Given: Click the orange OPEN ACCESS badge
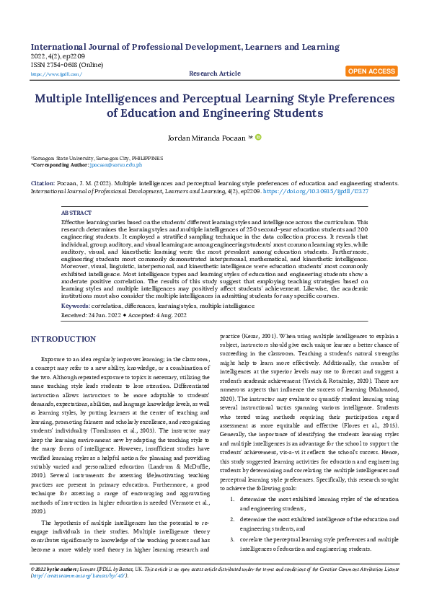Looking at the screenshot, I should (x=371, y=71).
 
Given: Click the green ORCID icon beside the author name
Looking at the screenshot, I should (x=258, y=137).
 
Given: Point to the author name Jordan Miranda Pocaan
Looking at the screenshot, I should (x=210, y=137).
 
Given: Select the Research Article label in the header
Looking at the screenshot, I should (x=215, y=74).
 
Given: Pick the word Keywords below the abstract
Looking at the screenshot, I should (x=75, y=306).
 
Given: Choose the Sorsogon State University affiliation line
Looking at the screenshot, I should (x=96, y=158).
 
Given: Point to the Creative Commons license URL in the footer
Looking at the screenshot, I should (x=79, y=575).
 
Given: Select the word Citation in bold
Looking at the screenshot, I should (x=42, y=183).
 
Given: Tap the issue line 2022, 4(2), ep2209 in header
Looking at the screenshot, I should (x=59, y=56).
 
